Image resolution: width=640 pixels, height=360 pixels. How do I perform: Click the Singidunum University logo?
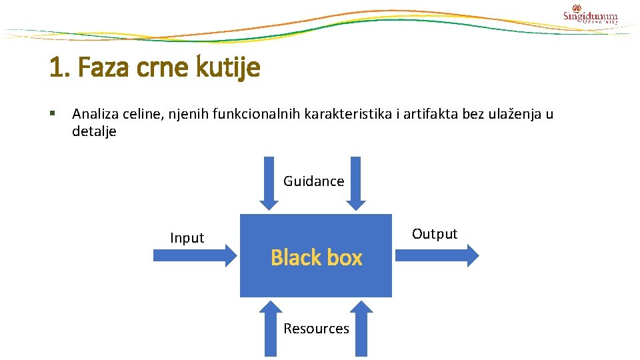pos(590,15)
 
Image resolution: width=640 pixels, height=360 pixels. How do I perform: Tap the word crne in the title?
pos(165,67)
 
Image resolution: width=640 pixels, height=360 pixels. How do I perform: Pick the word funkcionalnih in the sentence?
pos(257,114)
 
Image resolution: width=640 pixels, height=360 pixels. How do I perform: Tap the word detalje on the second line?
pos(94,131)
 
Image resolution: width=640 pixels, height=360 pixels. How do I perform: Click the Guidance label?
pos(313,181)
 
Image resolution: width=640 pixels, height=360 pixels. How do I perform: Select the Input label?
pos(187,238)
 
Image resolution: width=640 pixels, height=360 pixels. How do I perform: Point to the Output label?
pos(435,234)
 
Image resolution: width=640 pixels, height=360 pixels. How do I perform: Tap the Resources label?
pos(316,329)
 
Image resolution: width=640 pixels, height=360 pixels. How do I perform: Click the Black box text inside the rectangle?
pos(316,257)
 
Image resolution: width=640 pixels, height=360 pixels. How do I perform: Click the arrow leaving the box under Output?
pos(437,255)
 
